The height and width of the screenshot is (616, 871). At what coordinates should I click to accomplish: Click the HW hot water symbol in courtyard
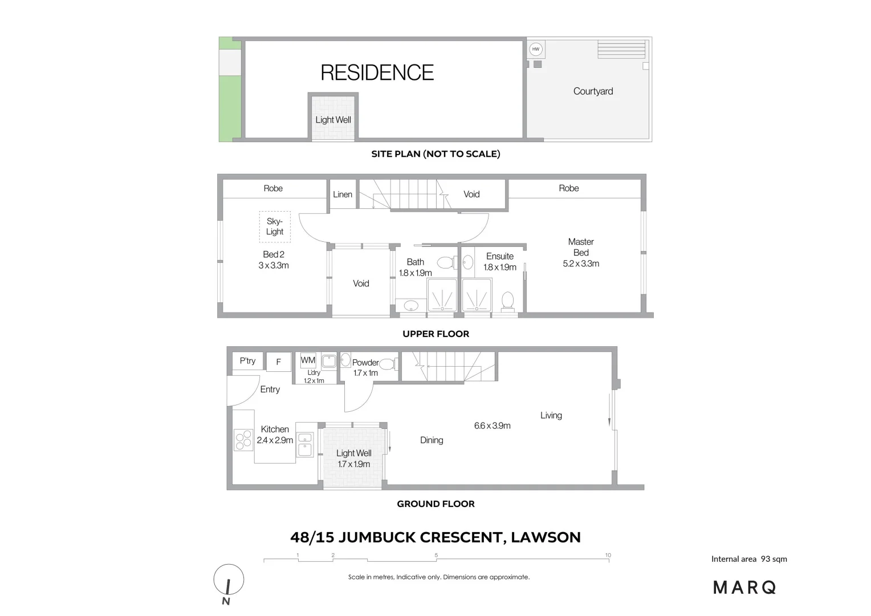[x=535, y=49]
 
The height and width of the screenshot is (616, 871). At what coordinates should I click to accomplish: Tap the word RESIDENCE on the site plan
[x=377, y=72]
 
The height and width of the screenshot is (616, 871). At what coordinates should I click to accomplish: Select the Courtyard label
[x=593, y=91]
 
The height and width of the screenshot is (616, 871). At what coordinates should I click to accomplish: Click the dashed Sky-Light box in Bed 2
[x=275, y=226]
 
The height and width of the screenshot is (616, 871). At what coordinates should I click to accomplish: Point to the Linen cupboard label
[x=343, y=194]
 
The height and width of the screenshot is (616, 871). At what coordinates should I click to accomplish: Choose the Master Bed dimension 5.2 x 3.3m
[x=581, y=264]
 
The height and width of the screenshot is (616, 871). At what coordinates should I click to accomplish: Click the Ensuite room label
[x=499, y=256]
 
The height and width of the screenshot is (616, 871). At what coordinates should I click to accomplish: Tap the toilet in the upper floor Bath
[x=446, y=263]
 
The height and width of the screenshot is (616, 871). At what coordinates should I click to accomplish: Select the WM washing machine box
[x=308, y=360]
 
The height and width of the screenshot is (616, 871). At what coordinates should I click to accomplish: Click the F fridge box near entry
[x=279, y=362]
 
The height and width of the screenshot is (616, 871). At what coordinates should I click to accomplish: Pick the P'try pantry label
[x=247, y=360]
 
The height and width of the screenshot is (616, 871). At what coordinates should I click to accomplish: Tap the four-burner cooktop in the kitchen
[x=243, y=439]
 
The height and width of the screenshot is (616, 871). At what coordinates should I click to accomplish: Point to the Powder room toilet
[x=387, y=364]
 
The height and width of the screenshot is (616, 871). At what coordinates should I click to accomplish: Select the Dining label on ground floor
[x=432, y=440]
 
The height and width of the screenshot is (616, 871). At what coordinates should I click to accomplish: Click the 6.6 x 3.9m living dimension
[x=492, y=425]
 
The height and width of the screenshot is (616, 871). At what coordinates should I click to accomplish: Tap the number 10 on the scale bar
[x=608, y=555]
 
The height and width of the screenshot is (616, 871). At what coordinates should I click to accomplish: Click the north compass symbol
[x=229, y=581]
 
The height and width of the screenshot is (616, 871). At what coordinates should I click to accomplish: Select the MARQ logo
[x=744, y=587]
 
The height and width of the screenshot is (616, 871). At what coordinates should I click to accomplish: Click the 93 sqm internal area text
[x=774, y=559]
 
